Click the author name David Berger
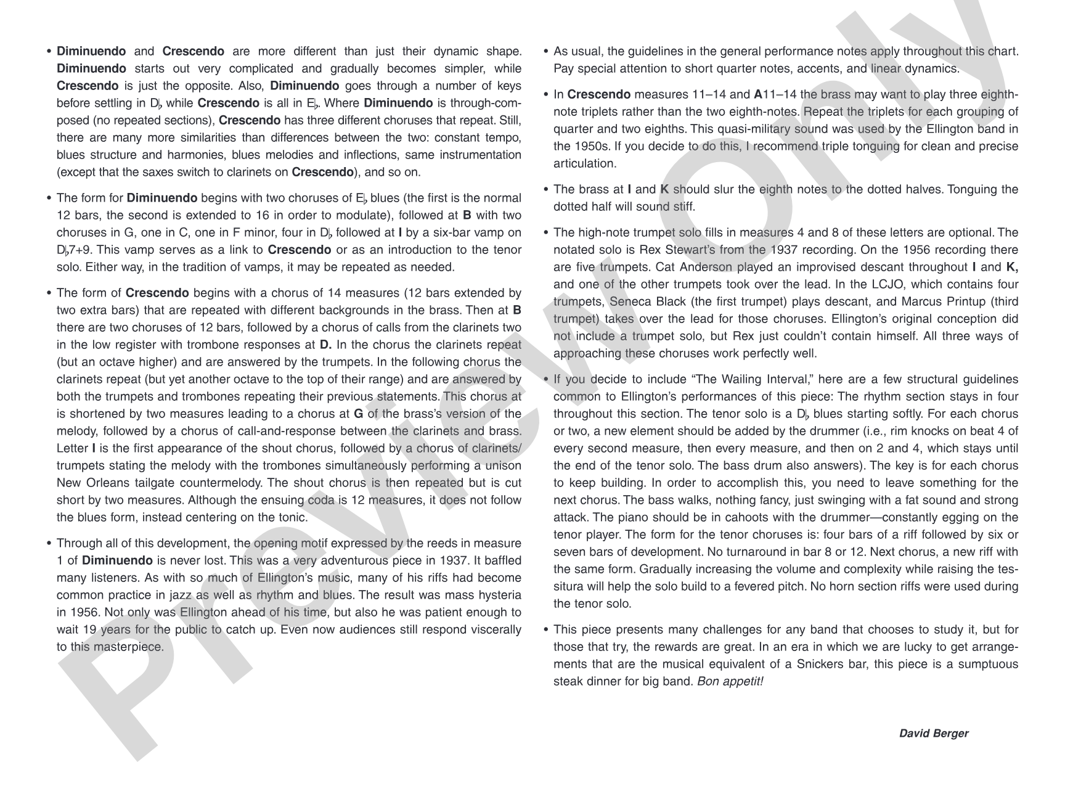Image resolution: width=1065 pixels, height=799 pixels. tap(933, 733)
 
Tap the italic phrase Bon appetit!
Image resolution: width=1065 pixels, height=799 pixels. tap(730, 681)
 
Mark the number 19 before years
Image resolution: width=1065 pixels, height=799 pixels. tap(89, 629)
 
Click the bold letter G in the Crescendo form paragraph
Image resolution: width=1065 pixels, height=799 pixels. tap(357, 414)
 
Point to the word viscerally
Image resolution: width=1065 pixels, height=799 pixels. tap(495, 629)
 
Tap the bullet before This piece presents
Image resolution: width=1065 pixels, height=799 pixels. tap(545, 629)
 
